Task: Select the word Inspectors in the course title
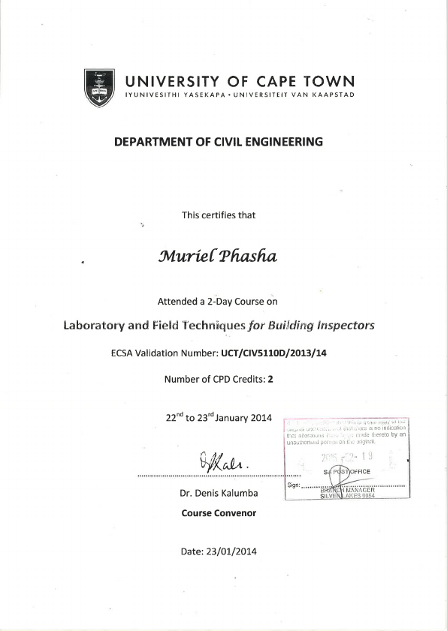[343, 326]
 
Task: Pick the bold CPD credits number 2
[270, 379]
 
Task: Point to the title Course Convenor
[219, 514]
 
